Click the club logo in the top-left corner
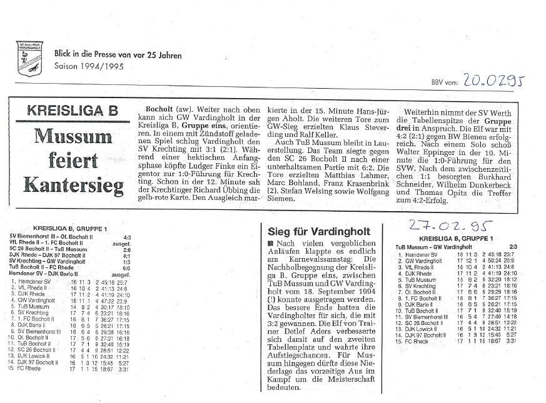pos(28,57)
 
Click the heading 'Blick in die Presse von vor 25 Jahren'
pos(118,56)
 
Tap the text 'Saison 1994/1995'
pos(89,66)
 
